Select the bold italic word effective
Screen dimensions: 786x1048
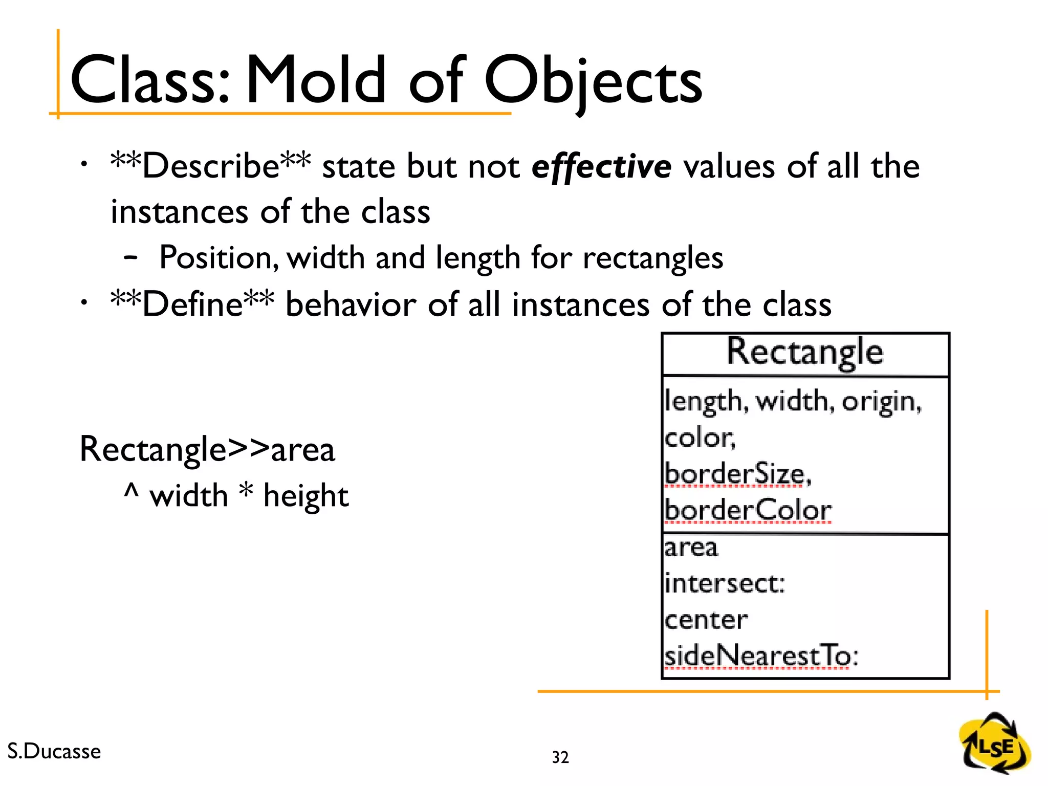[601, 167]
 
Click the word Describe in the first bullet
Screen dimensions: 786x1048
[210, 166]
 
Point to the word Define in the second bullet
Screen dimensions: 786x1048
[192, 304]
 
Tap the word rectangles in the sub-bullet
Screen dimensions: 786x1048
[653, 257]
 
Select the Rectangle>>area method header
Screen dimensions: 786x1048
[207, 449]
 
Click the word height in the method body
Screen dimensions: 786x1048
[305, 496]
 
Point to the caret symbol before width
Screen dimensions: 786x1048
[131, 492]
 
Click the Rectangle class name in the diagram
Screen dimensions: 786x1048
[805, 353]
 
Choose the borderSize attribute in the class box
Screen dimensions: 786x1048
[737, 473]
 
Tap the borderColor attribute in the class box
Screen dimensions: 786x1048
[748, 510]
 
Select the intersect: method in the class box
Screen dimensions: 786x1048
[724, 583]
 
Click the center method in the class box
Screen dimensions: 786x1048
[706, 620]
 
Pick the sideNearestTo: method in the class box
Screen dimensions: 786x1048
[761, 657]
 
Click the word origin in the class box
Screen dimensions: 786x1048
[881, 402]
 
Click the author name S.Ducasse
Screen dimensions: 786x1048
[54, 751]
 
